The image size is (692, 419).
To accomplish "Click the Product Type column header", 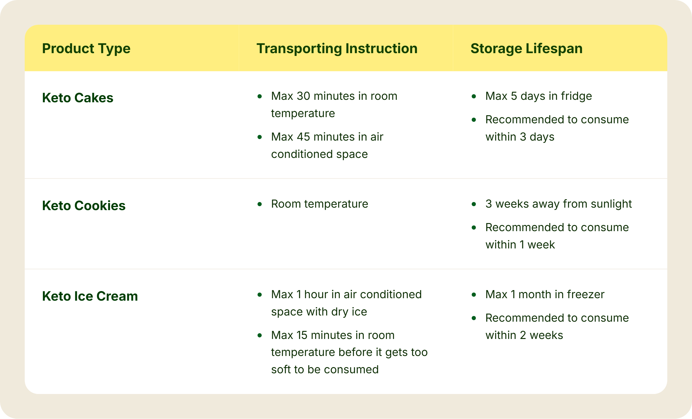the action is click(86, 49).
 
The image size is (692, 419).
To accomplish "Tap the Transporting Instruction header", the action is click(337, 49).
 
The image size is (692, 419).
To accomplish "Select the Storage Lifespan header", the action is click(526, 49).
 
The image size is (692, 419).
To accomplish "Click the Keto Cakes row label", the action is click(78, 98).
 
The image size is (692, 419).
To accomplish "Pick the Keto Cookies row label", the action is click(84, 205).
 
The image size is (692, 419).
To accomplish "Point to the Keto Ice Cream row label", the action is click(90, 296).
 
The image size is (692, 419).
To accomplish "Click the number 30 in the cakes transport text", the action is click(303, 96).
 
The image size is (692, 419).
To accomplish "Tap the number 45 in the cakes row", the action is click(303, 137).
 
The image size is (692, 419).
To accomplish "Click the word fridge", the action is click(576, 96).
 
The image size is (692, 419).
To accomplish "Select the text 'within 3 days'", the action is click(520, 137).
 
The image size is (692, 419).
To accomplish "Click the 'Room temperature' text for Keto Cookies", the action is click(319, 204).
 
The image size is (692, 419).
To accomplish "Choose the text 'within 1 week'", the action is click(520, 245).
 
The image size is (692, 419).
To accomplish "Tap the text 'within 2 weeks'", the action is click(524, 335).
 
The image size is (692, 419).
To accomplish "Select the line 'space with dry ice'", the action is click(319, 312).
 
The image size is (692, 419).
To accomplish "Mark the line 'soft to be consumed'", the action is click(325, 370).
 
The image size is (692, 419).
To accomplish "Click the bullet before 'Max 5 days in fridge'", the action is click(474, 96).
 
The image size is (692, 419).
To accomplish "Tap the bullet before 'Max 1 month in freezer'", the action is click(474, 295).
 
